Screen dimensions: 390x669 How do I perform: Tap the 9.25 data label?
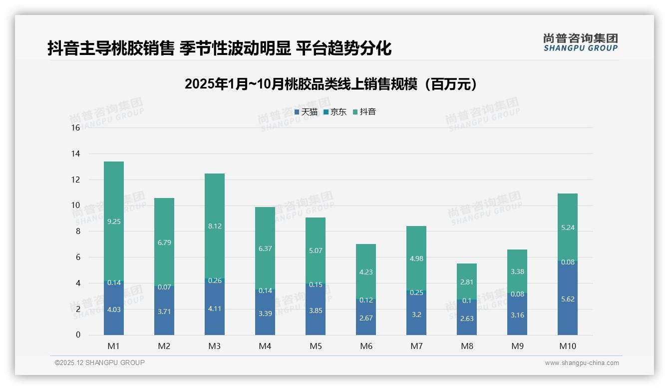click(114, 221)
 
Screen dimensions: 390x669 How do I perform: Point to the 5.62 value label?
click(568, 299)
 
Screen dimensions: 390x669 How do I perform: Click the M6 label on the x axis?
click(366, 346)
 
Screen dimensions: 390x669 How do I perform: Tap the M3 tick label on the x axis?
click(215, 346)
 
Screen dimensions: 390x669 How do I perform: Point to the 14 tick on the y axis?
click(75, 153)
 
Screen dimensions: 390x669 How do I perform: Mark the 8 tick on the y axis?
click(77, 231)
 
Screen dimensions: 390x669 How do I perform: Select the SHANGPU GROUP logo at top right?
click(580, 42)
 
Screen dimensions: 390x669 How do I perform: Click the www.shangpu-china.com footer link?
click(582, 363)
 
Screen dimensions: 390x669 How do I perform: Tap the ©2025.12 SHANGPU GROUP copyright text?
click(100, 363)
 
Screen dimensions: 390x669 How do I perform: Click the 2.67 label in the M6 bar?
click(366, 318)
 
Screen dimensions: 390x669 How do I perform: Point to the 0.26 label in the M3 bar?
click(215, 281)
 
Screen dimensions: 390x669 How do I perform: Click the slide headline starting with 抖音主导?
click(220, 48)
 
